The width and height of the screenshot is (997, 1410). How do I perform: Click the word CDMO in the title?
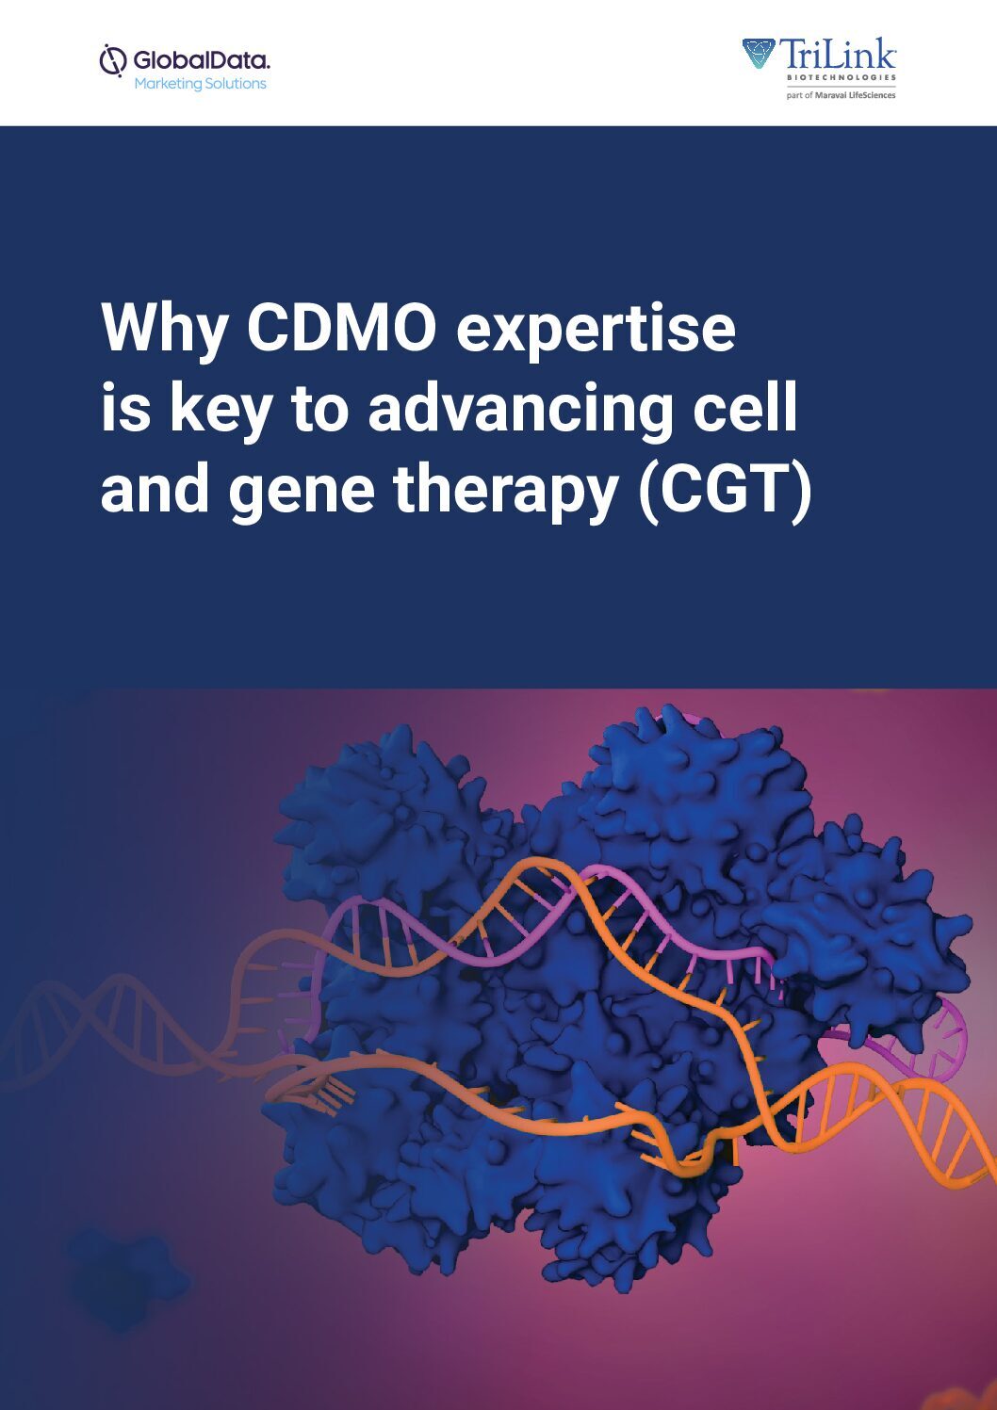tap(341, 328)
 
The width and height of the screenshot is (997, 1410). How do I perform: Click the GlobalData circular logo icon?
tap(113, 60)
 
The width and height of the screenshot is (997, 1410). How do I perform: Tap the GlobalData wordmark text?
tap(201, 60)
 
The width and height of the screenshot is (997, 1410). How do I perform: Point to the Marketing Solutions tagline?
tap(201, 83)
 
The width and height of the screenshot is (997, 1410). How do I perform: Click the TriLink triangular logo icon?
tap(759, 53)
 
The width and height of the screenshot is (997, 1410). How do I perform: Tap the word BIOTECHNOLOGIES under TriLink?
tap(841, 77)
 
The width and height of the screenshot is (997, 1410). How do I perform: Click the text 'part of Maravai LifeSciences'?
tap(841, 95)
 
